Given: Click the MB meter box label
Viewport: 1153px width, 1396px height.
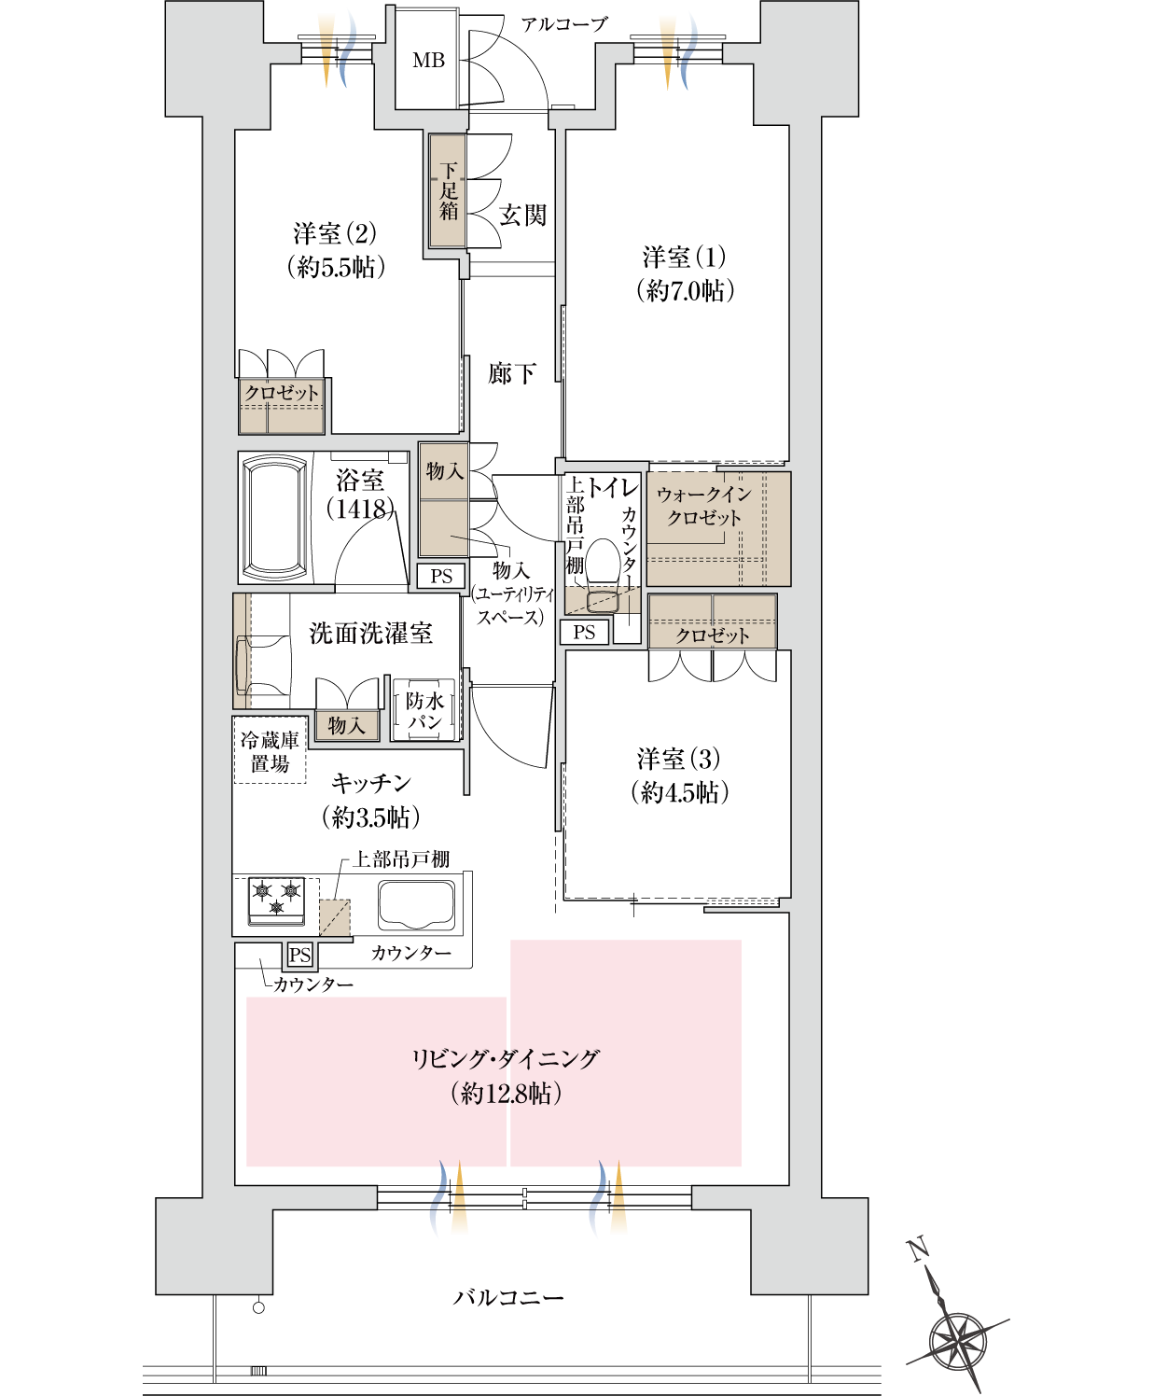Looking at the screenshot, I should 428,61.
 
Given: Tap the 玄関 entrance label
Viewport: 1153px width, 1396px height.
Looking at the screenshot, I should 522,216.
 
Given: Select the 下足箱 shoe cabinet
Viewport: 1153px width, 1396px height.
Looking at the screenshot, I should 449,191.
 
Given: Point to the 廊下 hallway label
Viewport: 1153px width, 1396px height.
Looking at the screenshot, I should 511,374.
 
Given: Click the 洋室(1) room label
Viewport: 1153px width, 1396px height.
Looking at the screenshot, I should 685,273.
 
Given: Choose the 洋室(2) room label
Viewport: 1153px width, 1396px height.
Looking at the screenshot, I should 336,250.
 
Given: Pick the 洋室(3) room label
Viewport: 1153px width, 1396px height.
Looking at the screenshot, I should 679,775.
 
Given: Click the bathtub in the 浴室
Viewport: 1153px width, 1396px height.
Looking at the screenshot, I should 275,519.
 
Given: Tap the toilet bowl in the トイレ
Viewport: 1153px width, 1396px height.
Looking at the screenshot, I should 602,569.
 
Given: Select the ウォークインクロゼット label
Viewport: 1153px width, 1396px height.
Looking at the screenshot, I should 704,506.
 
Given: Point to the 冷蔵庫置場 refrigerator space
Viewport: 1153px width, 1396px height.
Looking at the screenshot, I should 270,752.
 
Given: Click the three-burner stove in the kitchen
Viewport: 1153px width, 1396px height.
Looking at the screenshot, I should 276,900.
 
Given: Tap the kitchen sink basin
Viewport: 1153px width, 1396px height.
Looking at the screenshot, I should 416,903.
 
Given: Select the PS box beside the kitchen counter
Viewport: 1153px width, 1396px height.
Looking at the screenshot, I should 299,955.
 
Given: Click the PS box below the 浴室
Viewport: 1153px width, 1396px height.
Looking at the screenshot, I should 441,577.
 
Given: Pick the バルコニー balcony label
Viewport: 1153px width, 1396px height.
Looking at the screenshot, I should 508,1297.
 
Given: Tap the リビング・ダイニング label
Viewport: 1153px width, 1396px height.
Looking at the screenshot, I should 506,1075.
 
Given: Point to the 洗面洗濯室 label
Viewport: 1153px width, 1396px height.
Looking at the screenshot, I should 370,634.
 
